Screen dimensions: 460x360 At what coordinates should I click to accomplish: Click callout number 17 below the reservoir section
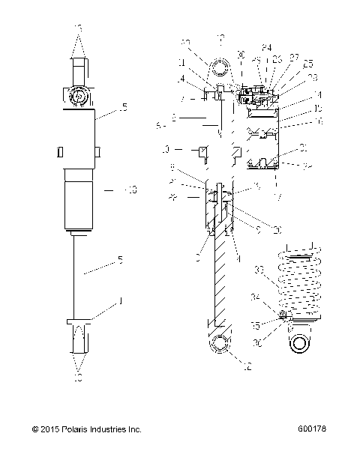pyautogui.click(x=280, y=198)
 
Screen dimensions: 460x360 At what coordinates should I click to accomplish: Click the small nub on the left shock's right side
pyautogui.click(x=100, y=152)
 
